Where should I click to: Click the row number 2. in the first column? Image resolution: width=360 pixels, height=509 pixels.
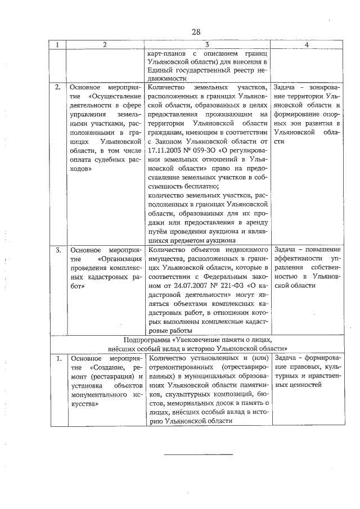(58, 88)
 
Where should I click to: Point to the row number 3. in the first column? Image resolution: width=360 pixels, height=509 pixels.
(58, 250)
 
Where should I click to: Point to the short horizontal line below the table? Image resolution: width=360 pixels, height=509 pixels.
(197, 453)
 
